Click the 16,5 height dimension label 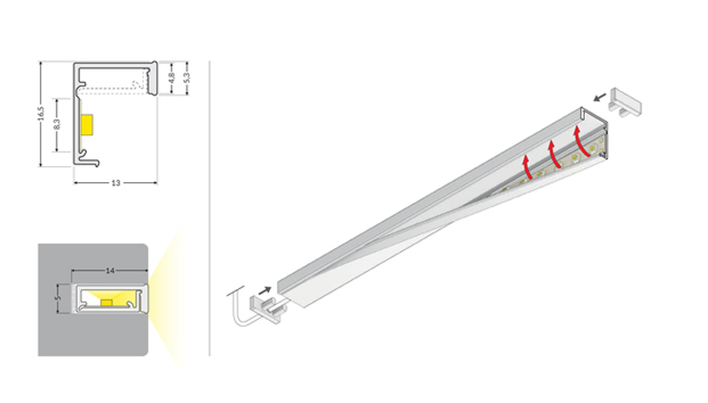[x=41, y=114]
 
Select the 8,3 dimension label [x=57, y=125]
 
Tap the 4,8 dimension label [x=171, y=78]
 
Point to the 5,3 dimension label [x=187, y=78]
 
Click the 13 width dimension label [x=116, y=183]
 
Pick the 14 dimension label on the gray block [x=110, y=271]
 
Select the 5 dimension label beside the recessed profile [x=57, y=299]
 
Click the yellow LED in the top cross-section [x=87, y=125]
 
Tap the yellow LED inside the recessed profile [x=106, y=303]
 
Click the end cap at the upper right [x=626, y=103]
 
